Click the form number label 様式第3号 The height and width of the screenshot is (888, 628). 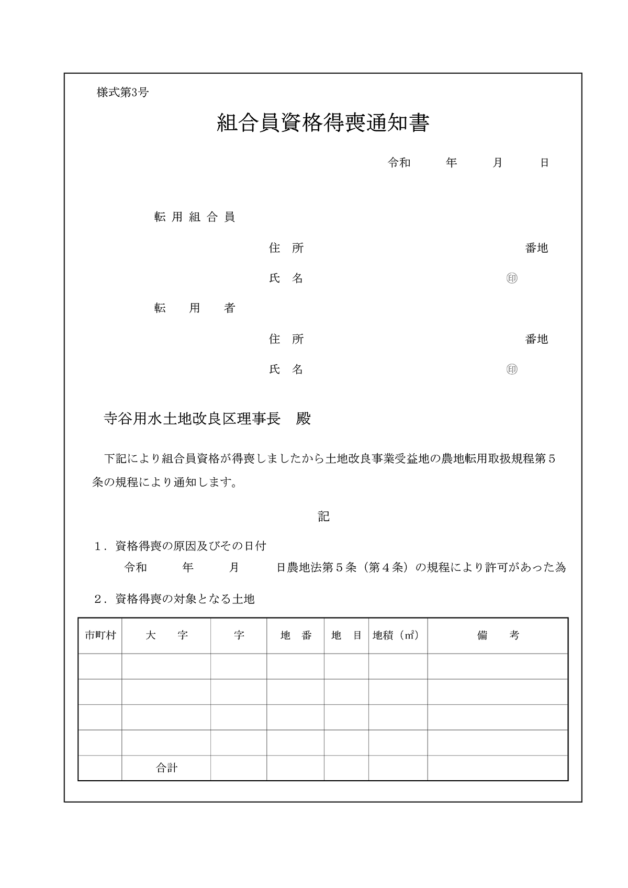(x=122, y=93)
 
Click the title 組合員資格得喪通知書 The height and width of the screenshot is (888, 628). (x=323, y=123)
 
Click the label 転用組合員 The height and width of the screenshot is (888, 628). (x=194, y=217)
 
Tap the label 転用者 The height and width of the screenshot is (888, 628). (x=194, y=308)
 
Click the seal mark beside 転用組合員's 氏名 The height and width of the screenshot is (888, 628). (x=512, y=278)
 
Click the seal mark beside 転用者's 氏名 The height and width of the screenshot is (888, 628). (x=512, y=369)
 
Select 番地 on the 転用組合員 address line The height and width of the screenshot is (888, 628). (x=536, y=248)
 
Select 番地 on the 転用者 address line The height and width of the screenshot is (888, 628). (x=536, y=339)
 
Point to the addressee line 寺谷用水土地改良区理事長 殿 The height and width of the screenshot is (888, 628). (x=207, y=419)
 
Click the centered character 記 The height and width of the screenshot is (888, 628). (x=323, y=516)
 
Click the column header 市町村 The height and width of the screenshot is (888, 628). (x=100, y=635)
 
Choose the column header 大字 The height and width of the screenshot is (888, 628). (x=166, y=635)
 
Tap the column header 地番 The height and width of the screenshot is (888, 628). (x=296, y=635)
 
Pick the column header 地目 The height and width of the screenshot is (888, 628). (x=346, y=635)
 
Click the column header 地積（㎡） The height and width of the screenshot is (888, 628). (x=396, y=635)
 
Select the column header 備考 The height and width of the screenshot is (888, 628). (x=498, y=635)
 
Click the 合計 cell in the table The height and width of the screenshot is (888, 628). (x=166, y=768)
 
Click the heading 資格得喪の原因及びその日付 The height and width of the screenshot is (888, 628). (x=190, y=546)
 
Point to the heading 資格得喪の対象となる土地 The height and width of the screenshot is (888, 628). (x=184, y=599)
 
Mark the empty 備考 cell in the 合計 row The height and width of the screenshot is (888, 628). (x=498, y=768)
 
